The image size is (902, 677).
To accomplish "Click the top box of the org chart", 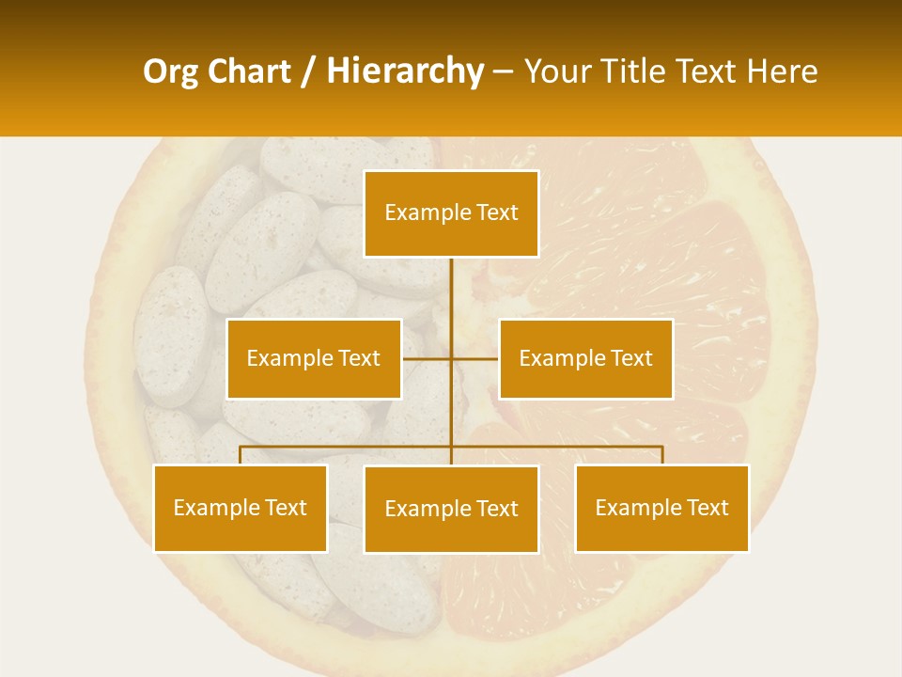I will (x=451, y=213).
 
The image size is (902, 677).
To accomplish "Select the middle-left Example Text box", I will (x=314, y=358).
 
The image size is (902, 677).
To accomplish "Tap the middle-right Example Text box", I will (x=585, y=358).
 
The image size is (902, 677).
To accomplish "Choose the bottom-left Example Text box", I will (x=241, y=508).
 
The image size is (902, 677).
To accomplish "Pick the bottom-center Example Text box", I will (x=451, y=509).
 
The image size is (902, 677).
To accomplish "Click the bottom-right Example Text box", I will (x=661, y=508).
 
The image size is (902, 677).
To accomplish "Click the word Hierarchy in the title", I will (x=405, y=71).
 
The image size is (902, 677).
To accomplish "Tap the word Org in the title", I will (x=171, y=71).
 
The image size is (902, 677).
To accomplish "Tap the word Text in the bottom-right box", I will (x=708, y=508).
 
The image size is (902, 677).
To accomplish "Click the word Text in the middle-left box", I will (x=359, y=358).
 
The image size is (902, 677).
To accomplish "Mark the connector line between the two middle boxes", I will (x=450, y=358).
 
